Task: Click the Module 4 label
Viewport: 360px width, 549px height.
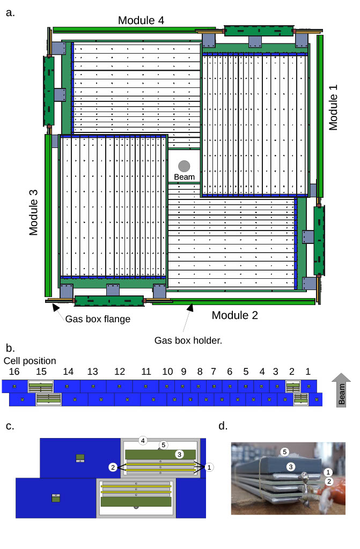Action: [141, 20]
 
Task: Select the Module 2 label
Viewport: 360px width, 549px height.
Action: [234, 315]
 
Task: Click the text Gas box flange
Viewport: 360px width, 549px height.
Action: [98, 319]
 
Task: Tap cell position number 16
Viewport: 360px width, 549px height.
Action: [15, 371]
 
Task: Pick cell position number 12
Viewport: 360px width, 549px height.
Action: [119, 371]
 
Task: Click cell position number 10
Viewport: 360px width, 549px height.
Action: [167, 371]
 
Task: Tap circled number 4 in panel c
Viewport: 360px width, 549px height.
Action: [143, 440]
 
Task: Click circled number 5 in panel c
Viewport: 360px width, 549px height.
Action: [164, 444]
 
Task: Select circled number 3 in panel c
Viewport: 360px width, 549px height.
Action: [180, 454]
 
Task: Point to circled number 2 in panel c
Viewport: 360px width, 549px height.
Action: [113, 467]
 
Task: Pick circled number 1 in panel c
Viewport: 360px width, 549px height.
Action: [209, 467]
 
